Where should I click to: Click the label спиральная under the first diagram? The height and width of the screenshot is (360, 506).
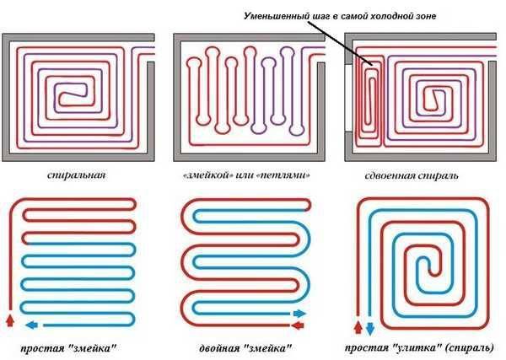[78, 175]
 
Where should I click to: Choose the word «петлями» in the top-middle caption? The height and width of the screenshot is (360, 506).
[283, 175]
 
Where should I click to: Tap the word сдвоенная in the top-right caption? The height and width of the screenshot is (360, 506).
[395, 176]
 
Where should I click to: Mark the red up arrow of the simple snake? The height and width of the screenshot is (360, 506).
[10, 322]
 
